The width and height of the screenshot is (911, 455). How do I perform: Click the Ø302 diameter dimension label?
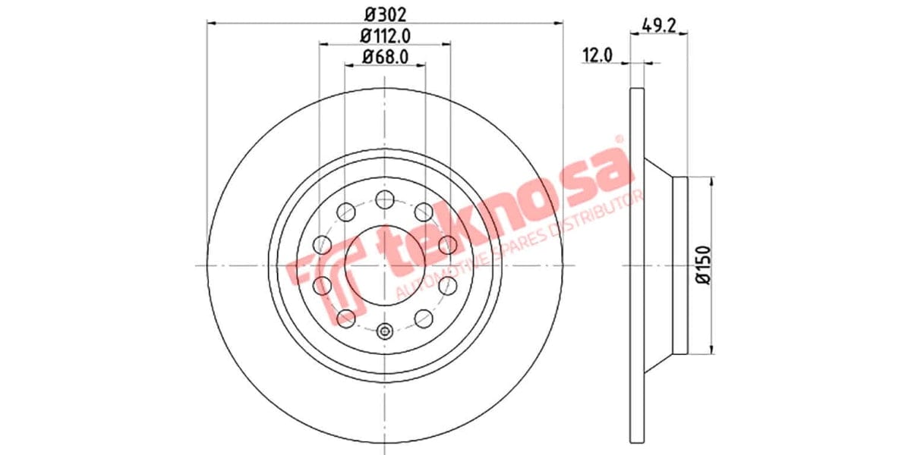385,13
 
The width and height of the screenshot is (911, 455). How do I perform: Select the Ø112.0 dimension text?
385,35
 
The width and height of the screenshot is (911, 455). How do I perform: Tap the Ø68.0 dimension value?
385,56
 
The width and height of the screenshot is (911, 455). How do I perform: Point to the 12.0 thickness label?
597,55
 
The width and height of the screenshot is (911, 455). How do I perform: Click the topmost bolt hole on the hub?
385,199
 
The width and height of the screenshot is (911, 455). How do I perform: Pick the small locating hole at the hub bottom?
385,331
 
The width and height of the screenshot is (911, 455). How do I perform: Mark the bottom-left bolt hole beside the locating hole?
346,318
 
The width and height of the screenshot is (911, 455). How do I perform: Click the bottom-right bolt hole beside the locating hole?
424,318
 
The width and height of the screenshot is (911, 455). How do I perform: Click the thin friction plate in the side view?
637,265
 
